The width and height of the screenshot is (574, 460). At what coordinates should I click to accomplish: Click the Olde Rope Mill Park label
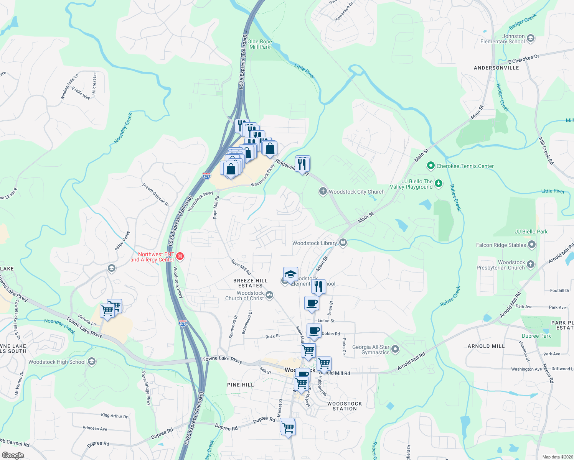[x=260, y=44]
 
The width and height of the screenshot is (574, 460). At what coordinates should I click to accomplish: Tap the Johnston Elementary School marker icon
[x=531, y=38]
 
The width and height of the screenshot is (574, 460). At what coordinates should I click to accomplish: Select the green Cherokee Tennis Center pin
[x=430, y=166]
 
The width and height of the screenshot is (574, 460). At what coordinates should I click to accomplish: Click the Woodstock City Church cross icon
[x=323, y=191]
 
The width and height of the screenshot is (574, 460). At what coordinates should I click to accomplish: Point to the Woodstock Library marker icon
[x=343, y=243]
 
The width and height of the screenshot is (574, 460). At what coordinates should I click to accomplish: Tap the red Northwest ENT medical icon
[x=180, y=256]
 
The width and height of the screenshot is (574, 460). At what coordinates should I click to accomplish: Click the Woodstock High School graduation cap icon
[x=91, y=361]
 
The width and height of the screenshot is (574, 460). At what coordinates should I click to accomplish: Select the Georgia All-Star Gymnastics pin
[x=396, y=349]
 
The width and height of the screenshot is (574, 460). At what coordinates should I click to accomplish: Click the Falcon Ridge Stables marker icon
[x=531, y=244]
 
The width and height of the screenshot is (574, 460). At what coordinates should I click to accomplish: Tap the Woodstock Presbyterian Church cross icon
[x=531, y=264]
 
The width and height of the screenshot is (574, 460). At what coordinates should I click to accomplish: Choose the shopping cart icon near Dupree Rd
[x=288, y=427]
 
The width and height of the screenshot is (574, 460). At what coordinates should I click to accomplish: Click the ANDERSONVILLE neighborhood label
[x=496, y=68]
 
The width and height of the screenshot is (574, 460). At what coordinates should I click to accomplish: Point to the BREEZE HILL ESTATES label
[x=251, y=283]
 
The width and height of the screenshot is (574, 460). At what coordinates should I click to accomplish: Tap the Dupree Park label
[x=536, y=336]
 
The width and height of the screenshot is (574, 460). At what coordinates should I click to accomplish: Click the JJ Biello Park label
[x=531, y=232]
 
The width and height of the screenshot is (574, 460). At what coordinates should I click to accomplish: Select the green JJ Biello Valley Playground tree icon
[x=438, y=184]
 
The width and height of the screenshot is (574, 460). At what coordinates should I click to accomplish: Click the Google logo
[x=13, y=455]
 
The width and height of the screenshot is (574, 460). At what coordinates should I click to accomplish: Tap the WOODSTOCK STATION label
[x=345, y=406]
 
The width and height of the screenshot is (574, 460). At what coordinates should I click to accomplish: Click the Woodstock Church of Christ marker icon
[x=270, y=295]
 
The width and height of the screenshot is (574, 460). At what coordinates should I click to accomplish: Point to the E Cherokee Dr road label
[x=523, y=59]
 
